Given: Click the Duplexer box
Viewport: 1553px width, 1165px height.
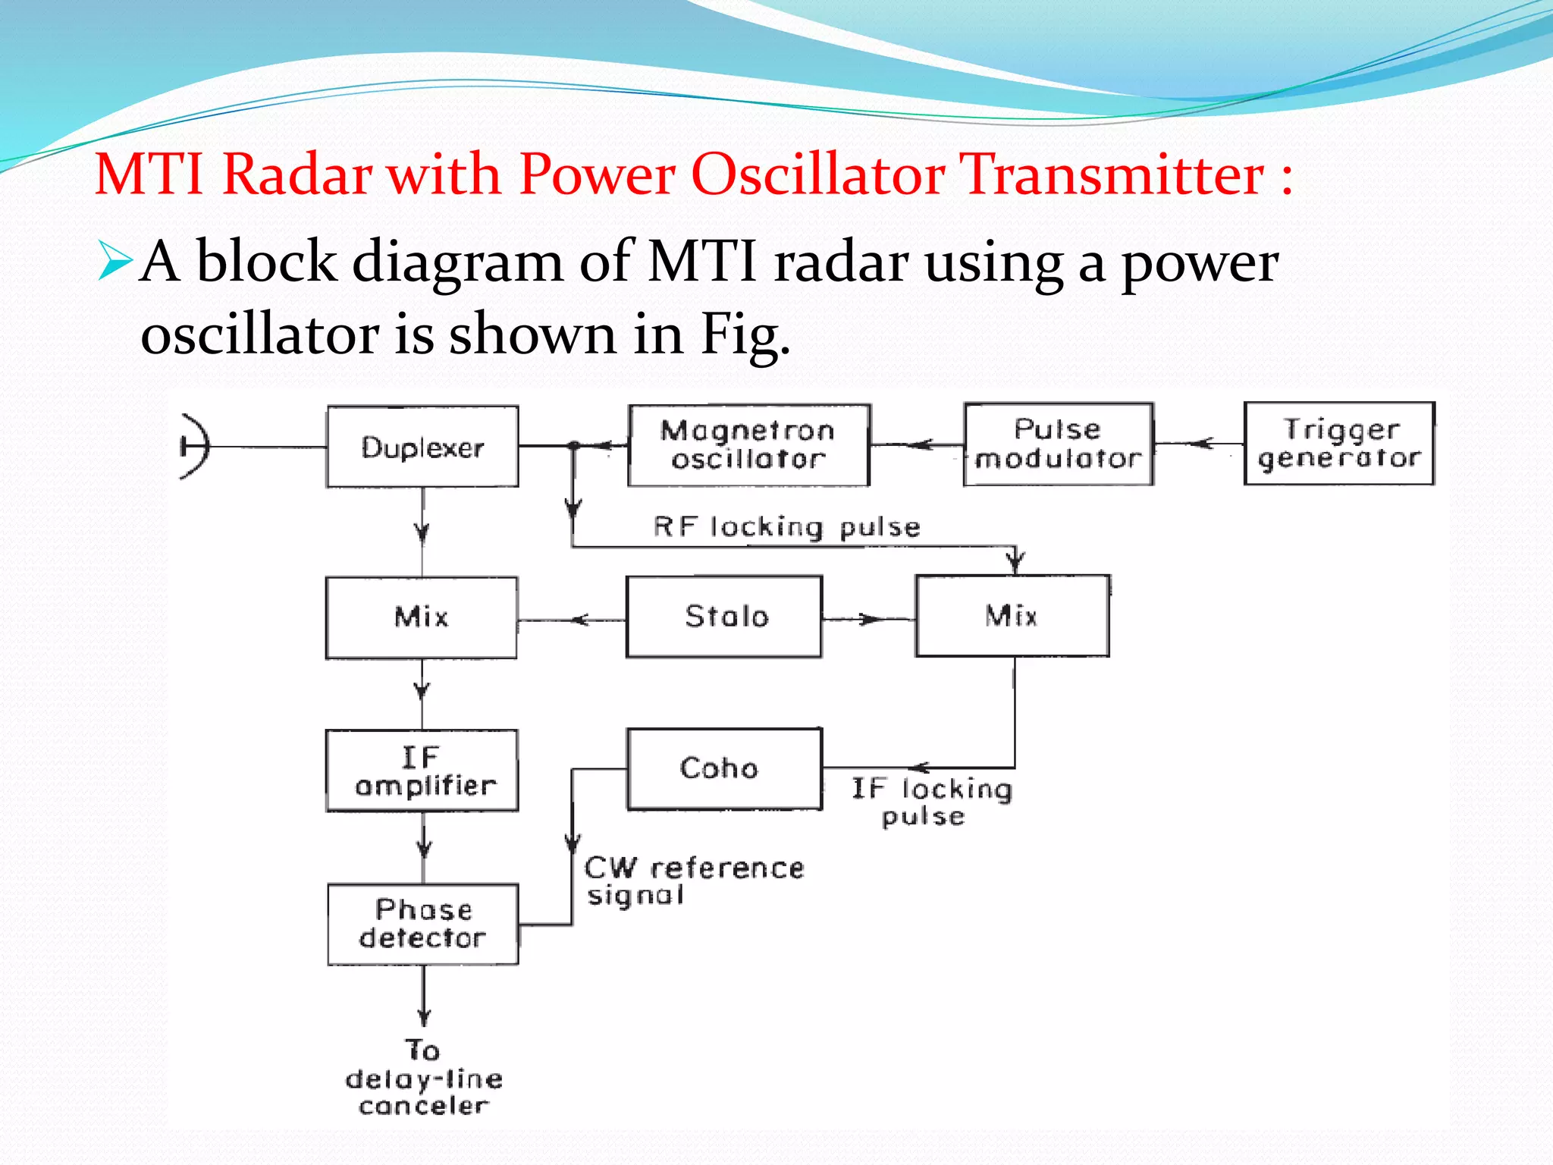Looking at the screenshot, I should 422,447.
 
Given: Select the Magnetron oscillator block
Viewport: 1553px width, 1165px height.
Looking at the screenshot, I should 748,445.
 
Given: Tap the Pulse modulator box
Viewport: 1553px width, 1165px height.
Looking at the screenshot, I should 1059,444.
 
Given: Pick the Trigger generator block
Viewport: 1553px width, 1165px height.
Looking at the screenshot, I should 1339,444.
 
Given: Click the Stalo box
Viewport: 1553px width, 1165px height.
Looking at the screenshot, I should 724,617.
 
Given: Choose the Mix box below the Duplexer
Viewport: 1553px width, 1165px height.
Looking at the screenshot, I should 422,617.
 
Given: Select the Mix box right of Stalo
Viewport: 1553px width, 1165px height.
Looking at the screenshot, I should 1012,616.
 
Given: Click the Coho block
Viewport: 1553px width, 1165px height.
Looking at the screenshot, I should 724,769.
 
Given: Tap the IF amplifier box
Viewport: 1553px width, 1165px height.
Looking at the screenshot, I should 422,771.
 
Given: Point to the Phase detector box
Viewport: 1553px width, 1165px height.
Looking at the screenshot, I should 423,924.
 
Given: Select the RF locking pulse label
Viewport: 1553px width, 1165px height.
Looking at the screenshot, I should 786,526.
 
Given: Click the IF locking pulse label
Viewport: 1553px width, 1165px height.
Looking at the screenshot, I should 931,802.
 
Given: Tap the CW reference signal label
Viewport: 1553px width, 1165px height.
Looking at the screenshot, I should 693,881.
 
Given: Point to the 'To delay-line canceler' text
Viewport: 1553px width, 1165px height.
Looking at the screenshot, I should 423,1078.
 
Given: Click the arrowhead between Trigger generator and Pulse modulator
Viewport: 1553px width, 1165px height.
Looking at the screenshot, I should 1203,444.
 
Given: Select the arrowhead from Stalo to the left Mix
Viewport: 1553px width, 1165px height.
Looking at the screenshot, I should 579,620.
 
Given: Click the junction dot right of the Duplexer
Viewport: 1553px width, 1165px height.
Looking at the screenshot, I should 574,446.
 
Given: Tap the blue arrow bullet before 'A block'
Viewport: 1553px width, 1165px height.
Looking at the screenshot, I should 115,261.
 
